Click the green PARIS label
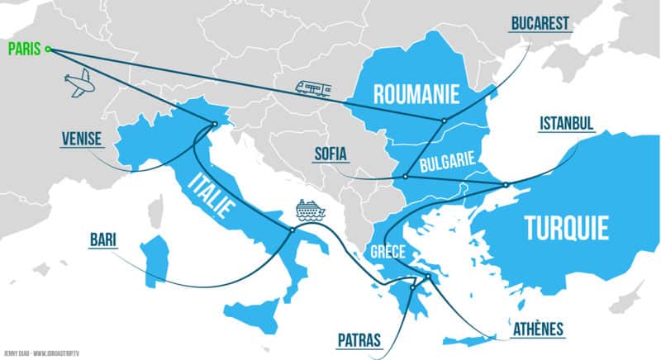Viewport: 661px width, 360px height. [x=22, y=49]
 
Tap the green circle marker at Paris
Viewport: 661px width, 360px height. [x=48, y=50]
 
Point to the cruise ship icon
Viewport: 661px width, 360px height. [x=310, y=211]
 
